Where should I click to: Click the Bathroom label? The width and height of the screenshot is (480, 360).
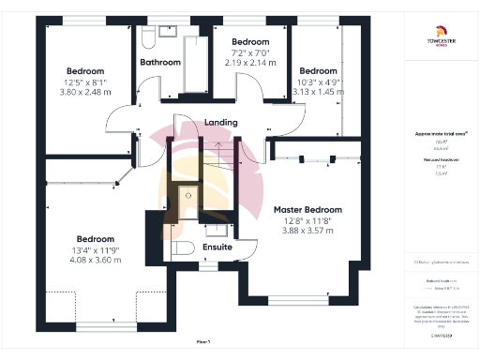[160, 63]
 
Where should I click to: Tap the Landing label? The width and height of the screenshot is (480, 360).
[221, 123]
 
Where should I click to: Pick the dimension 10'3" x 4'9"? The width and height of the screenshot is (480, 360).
[318, 82]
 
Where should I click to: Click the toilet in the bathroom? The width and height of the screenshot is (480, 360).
[148, 37]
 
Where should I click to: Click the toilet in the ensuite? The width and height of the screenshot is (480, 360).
[183, 249]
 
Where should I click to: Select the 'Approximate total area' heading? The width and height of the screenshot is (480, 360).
[441, 134]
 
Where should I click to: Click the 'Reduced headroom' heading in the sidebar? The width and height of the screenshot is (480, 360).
[441, 160]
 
